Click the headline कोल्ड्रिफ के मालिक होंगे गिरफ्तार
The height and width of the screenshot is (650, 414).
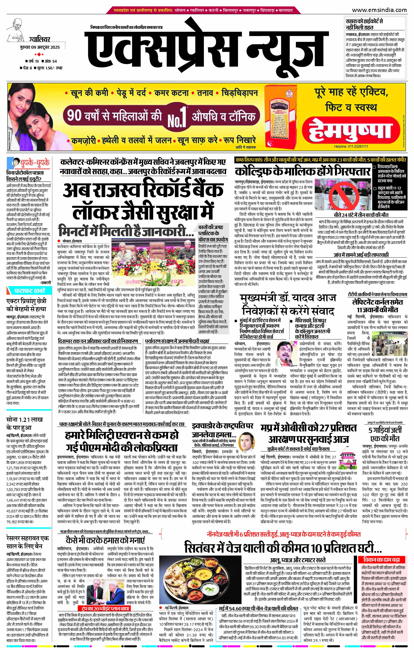302,172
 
